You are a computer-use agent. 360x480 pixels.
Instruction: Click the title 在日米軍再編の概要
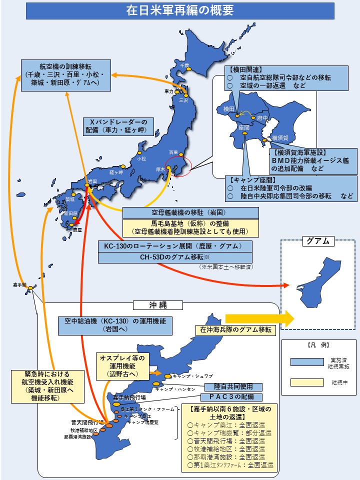[x=180, y=10]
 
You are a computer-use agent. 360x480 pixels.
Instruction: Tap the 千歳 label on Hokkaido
[x=185, y=65]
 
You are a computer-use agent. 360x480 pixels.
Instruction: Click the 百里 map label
[x=173, y=151]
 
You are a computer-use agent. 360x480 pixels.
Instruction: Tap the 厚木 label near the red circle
[x=160, y=169]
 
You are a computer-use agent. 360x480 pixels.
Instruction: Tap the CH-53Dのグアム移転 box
[x=175, y=257]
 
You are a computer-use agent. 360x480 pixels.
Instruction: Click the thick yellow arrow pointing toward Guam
[x=260, y=318]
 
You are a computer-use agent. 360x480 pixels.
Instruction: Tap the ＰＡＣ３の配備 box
[x=231, y=397]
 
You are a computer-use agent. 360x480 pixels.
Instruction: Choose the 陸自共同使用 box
[x=233, y=386]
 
